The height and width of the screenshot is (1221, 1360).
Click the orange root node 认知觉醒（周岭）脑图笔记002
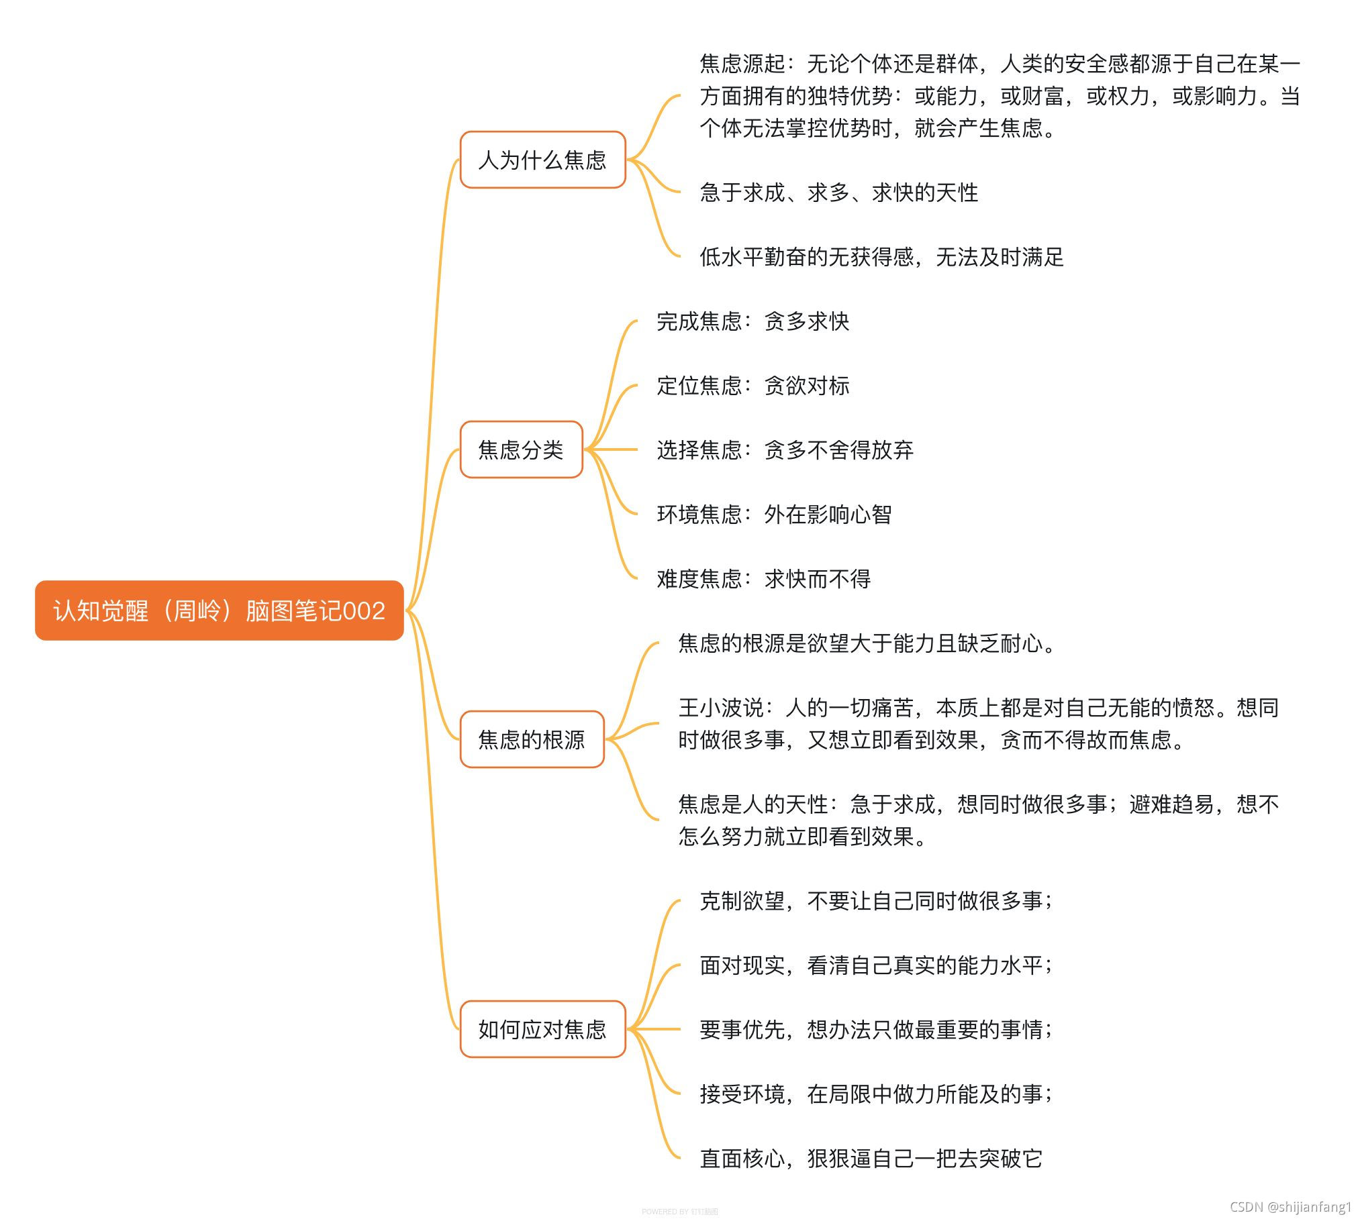pyautogui.click(x=219, y=610)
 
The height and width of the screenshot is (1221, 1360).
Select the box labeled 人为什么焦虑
pyautogui.click(x=542, y=160)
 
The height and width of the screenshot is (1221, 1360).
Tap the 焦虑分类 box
pyautogui.click(x=521, y=449)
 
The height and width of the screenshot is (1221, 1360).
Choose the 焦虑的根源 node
pyautogui.click(x=532, y=739)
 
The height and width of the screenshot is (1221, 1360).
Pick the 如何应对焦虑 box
pyautogui.click(x=542, y=1029)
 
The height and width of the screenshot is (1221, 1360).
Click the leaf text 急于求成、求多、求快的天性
pyautogui.click(x=838, y=193)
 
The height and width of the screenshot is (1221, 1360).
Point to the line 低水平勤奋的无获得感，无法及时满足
pyautogui.click(x=881, y=257)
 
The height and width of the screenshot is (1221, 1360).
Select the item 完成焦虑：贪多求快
pyautogui.click(x=752, y=321)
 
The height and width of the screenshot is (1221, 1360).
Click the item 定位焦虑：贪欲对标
pyautogui.click(x=752, y=386)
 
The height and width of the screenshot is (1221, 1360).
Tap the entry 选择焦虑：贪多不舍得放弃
pyautogui.click(x=785, y=449)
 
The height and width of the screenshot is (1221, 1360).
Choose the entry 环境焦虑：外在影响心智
pyautogui.click(x=774, y=515)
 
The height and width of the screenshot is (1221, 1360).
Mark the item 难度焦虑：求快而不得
pyautogui.click(x=763, y=578)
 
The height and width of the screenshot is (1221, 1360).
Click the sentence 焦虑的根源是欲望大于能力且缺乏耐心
pyautogui.click(x=866, y=643)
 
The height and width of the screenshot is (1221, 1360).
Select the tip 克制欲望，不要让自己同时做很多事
pyautogui.click(x=876, y=900)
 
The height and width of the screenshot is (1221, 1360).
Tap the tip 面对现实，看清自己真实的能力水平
pyautogui.click(x=876, y=965)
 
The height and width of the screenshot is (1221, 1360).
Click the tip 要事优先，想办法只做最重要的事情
pyautogui.click(x=876, y=1029)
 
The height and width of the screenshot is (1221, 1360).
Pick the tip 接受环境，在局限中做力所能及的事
pyautogui.click(x=876, y=1094)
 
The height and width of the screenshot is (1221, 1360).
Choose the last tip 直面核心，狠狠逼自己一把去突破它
pyautogui.click(x=871, y=1158)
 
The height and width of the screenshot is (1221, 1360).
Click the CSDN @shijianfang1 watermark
pyautogui.click(x=1290, y=1207)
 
